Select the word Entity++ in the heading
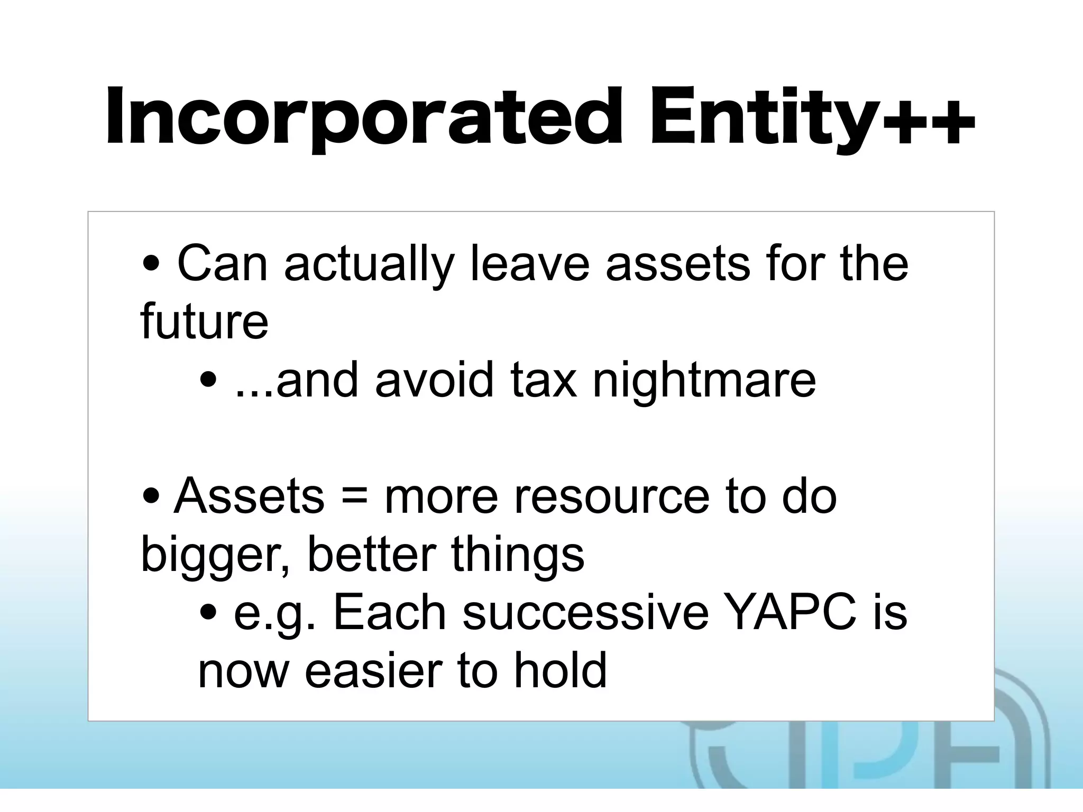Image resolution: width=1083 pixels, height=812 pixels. tap(812, 117)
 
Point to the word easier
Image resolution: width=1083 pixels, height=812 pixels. tap(372, 670)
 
